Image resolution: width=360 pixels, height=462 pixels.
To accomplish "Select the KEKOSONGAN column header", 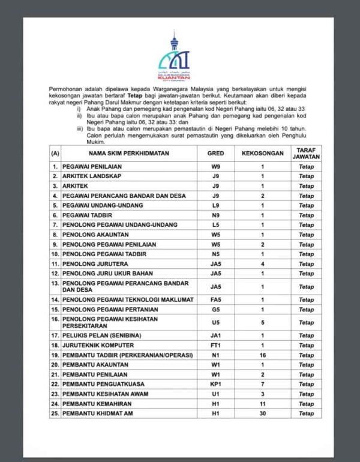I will [262, 153].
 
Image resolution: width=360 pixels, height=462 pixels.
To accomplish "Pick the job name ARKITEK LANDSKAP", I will [91, 176].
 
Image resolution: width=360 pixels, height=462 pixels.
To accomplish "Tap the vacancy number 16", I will [262, 355].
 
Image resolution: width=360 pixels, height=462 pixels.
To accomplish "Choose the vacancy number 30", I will [262, 413].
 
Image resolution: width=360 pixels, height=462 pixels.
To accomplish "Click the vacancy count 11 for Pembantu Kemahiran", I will [262, 403].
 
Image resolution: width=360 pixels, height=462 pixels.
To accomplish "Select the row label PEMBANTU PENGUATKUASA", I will [100, 384].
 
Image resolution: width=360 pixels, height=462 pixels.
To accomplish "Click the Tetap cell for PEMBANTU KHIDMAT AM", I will [306, 413].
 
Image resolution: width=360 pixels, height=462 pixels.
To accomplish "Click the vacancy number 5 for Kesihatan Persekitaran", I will [262, 322].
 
